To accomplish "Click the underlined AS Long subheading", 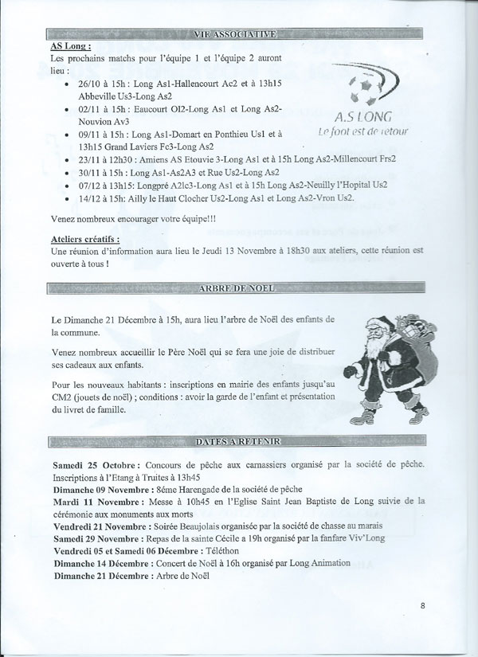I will pyautogui.click(x=69, y=47).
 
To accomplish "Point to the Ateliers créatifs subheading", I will pyautogui.click(x=85, y=238).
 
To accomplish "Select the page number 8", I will pyautogui.click(x=422, y=606).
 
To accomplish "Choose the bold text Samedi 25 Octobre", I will pyautogui.click(x=96, y=464).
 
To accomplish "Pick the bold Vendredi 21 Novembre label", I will pyautogui.click(x=102, y=526).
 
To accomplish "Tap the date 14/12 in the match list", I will pyautogui.click(x=89, y=197).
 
